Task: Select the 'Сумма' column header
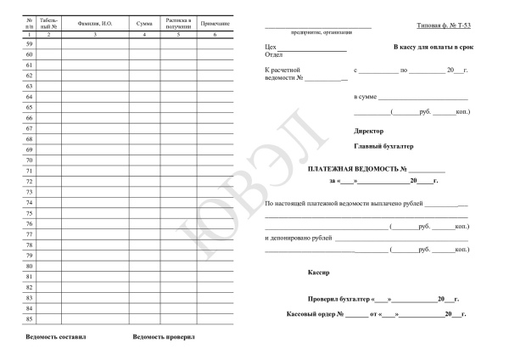point(144,22)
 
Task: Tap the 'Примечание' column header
point(215,22)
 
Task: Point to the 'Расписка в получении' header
point(179,22)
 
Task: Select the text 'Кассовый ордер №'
point(314,315)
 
